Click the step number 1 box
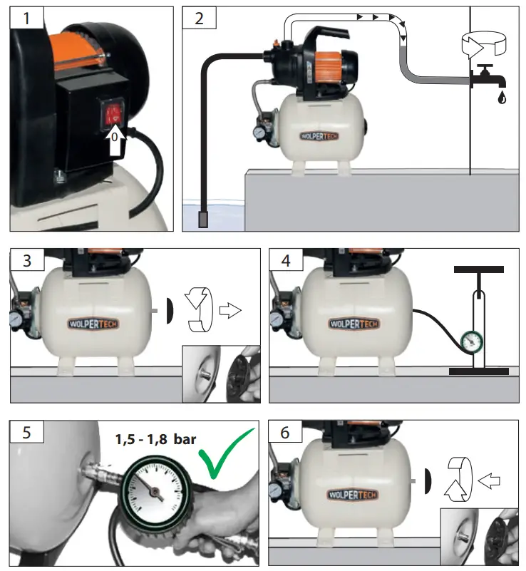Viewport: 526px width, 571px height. coord(27,19)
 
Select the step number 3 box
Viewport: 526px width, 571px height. coord(27,261)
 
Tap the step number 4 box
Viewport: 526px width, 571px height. coord(284,261)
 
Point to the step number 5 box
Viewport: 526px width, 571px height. coord(27,432)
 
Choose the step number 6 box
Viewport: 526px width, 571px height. coord(284,432)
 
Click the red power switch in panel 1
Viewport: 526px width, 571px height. coord(113,114)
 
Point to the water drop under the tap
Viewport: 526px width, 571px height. coord(502,98)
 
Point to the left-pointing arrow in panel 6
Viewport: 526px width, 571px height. coord(490,482)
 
